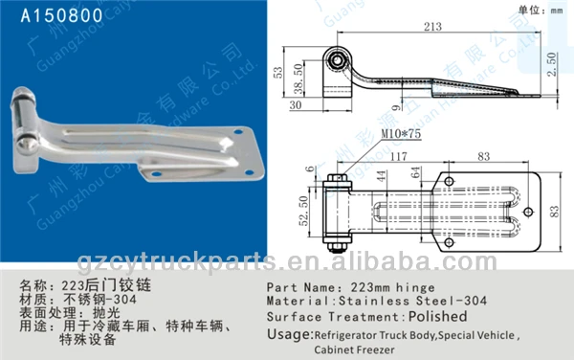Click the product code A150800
49,15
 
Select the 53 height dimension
276,72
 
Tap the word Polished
437,316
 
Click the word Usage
288,333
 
